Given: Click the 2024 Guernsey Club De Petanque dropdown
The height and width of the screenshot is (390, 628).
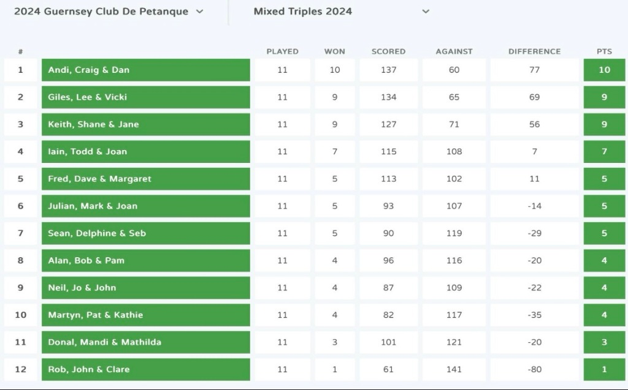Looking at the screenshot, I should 108,12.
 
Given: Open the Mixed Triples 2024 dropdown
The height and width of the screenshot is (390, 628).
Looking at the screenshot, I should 341,12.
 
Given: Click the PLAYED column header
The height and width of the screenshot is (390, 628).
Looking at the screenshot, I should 282,51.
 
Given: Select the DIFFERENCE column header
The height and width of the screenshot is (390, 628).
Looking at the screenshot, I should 534,51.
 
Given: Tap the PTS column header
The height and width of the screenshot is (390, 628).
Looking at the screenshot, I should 604,51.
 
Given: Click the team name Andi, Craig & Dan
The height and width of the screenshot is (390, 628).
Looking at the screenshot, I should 89,70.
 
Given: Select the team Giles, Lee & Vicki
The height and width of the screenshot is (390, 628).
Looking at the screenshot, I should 88,97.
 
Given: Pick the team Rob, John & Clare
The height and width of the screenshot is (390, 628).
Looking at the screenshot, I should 89,369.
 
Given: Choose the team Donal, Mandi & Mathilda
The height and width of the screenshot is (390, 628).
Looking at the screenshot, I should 105,342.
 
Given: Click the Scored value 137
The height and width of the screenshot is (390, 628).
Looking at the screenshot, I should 388,70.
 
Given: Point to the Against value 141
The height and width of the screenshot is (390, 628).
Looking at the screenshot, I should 454,369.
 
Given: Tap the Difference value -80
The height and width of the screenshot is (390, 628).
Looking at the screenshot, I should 534,369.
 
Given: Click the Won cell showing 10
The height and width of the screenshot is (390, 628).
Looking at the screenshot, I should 334,70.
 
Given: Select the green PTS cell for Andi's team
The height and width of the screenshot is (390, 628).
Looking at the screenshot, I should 604,70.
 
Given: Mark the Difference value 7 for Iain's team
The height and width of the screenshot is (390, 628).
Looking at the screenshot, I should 534,151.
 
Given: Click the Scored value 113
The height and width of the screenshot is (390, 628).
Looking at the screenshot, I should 388,179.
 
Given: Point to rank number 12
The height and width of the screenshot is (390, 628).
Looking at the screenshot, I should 20,369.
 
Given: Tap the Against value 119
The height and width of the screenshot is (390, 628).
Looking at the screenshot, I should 454,233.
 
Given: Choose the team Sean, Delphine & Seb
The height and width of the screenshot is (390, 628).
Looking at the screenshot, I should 97,233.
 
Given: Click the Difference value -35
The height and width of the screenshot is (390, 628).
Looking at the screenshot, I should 534,315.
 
